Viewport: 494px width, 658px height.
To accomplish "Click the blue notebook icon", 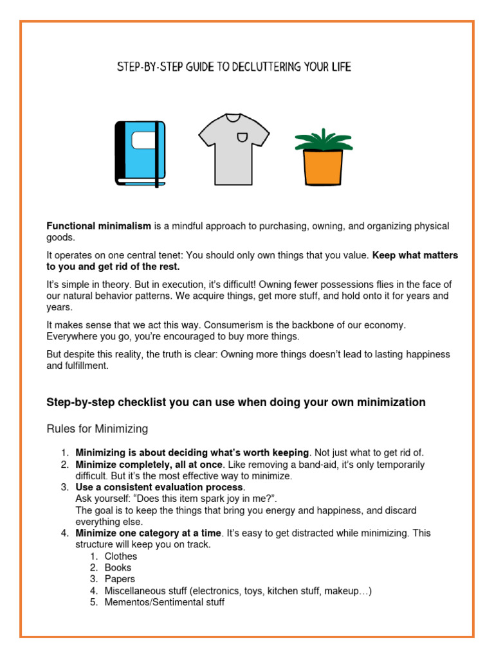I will pos(140,153).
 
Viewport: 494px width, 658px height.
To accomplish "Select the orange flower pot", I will pos(323,167).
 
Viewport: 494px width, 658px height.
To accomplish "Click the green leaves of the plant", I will pos(323,139).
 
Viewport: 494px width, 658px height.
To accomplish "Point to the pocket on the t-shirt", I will pos(241,136).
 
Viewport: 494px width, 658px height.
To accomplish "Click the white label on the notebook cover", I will pos(143,140).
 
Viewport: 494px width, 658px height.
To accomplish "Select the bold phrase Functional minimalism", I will pos(98,226).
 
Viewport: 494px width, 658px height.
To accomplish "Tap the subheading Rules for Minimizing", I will pos(97,429).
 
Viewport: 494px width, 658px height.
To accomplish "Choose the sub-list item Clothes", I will pos(121,556).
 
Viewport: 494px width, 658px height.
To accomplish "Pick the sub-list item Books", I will pos(118,568).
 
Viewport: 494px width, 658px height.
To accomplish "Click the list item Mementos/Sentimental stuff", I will pos(165,603).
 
